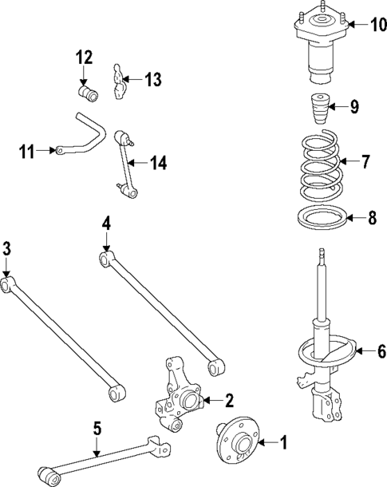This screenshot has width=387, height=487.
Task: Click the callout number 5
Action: pos(97,429)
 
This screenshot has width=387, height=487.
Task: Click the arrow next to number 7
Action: pos(345,162)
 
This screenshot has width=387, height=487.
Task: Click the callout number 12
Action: pos(85,57)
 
